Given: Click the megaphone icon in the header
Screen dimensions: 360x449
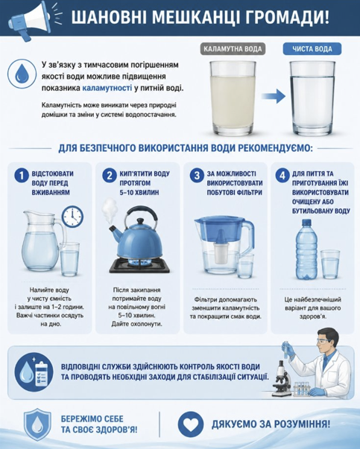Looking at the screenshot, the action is point(30,19).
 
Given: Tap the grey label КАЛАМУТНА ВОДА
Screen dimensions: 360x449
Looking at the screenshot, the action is point(233,49).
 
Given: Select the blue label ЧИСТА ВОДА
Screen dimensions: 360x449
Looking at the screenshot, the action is point(312,49).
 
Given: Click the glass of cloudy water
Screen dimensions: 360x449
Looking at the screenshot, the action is point(233,98).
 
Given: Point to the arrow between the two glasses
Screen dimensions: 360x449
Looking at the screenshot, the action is point(274,96).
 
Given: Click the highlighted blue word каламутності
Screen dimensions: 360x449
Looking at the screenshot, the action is point(107,88).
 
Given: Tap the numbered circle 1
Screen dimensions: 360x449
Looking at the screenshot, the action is point(22,175).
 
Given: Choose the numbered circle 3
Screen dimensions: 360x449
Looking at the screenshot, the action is point(197,175).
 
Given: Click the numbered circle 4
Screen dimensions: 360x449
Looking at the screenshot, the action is point(282,175).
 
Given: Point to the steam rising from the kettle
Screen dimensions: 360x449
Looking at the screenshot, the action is point(110,211).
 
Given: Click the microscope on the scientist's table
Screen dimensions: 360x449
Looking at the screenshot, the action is point(281,378).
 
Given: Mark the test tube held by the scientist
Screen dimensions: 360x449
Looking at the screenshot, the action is point(285,349).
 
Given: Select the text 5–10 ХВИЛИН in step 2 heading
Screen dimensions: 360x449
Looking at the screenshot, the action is point(139,192).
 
